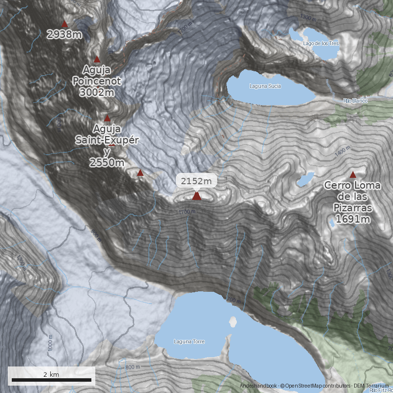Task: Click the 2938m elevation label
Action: click(64, 34)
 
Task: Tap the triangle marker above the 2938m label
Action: click(64, 24)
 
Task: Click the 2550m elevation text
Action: click(107, 163)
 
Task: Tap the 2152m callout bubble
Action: click(196, 181)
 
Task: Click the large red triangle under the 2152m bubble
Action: click(196, 196)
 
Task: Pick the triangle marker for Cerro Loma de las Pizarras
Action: click(353, 174)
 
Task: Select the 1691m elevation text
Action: click(353, 219)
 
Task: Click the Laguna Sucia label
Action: click(265, 86)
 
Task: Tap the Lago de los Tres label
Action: click(321, 43)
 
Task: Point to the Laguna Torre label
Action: click(189, 341)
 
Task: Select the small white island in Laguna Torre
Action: click(232, 322)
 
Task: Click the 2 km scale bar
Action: click(51, 380)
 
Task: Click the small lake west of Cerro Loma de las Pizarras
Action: click(305, 179)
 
